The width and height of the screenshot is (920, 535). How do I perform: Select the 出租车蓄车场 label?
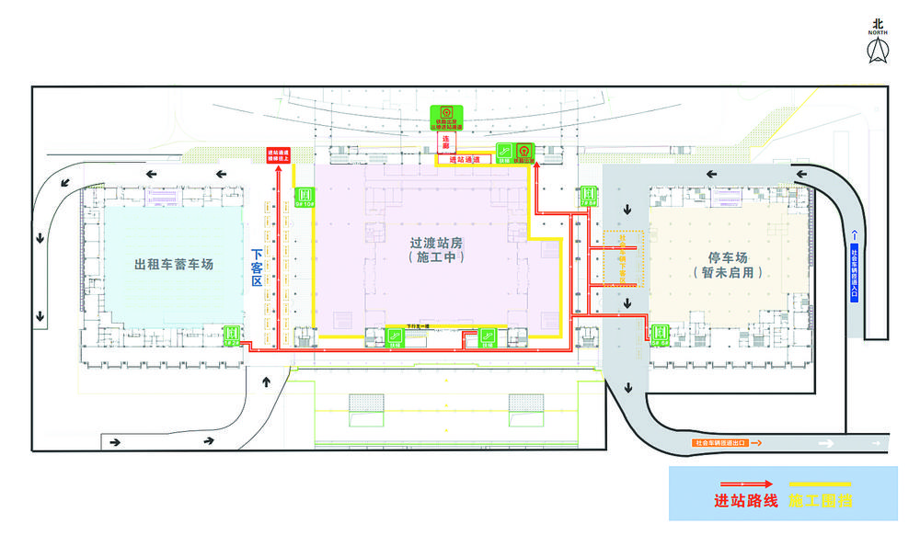pos(174,265)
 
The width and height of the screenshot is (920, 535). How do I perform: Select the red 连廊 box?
pos(445,142)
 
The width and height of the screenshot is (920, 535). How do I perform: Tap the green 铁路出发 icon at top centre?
pos(447,118)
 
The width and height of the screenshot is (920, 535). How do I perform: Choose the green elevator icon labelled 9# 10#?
pos(304,196)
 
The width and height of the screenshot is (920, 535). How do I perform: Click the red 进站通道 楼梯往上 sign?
pos(277,155)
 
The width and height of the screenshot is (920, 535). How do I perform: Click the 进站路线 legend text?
pos(746,502)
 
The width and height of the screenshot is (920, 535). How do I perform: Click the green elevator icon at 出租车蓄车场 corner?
pos(233,334)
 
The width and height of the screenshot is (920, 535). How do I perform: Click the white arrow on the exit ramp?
pos(829,443)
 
